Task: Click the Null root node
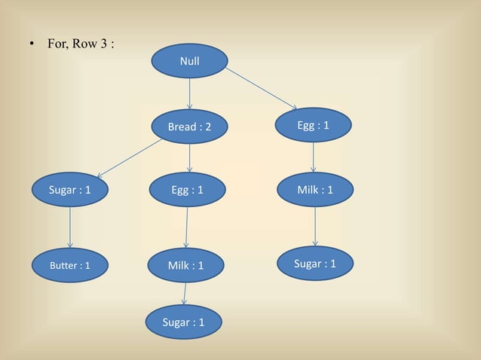(x=189, y=61)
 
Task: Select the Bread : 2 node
(x=189, y=127)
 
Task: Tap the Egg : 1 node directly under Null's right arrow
(x=313, y=125)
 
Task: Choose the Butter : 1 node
(x=70, y=265)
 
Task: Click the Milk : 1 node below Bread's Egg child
(x=185, y=265)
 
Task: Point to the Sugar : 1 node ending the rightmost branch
(x=314, y=264)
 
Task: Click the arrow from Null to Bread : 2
(x=189, y=94)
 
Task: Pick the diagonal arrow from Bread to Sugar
(x=130, y=157)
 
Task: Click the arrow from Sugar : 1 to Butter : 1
(x=70, y=227)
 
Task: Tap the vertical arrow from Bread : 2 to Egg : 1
(x=189, y=158)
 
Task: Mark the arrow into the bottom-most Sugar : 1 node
(x=184, y=293)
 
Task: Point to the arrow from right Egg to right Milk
(x=314, y=157)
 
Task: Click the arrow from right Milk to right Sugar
(x=314, y=227)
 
